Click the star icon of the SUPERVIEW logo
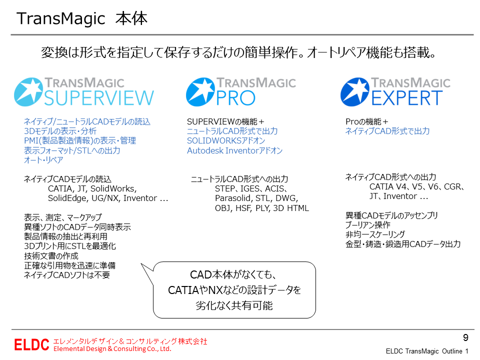point(28,92)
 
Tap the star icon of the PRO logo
point(200,92)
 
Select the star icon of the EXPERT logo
point(355,92)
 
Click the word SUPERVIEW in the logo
point(99,98)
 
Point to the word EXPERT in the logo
point(407,98)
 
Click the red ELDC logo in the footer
point(31,344)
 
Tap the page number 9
point(465,337)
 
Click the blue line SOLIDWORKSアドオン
point(226,141)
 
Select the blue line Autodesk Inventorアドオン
point(235,150)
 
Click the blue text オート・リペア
point(43,160)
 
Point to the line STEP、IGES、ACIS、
point(251,189)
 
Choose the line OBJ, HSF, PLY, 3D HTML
point(261,208)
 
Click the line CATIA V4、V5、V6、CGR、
point(417,186)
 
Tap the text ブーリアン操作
point(367,225)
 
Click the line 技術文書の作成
point(51,256)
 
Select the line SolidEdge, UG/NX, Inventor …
point(108,198)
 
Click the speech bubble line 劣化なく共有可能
point(234,305)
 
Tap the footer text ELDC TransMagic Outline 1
point(427,351)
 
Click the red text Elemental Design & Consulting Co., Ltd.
point(112,349)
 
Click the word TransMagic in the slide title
point(61,18)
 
